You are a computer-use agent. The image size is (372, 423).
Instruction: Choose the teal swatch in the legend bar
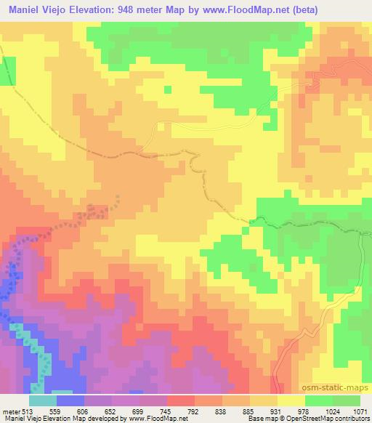tap(42, 400)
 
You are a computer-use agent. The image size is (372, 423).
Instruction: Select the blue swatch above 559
tap(70, 400)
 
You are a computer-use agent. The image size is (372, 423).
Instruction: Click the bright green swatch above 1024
tap(319, 400)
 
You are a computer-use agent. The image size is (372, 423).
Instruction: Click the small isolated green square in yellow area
tap(167, 89)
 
